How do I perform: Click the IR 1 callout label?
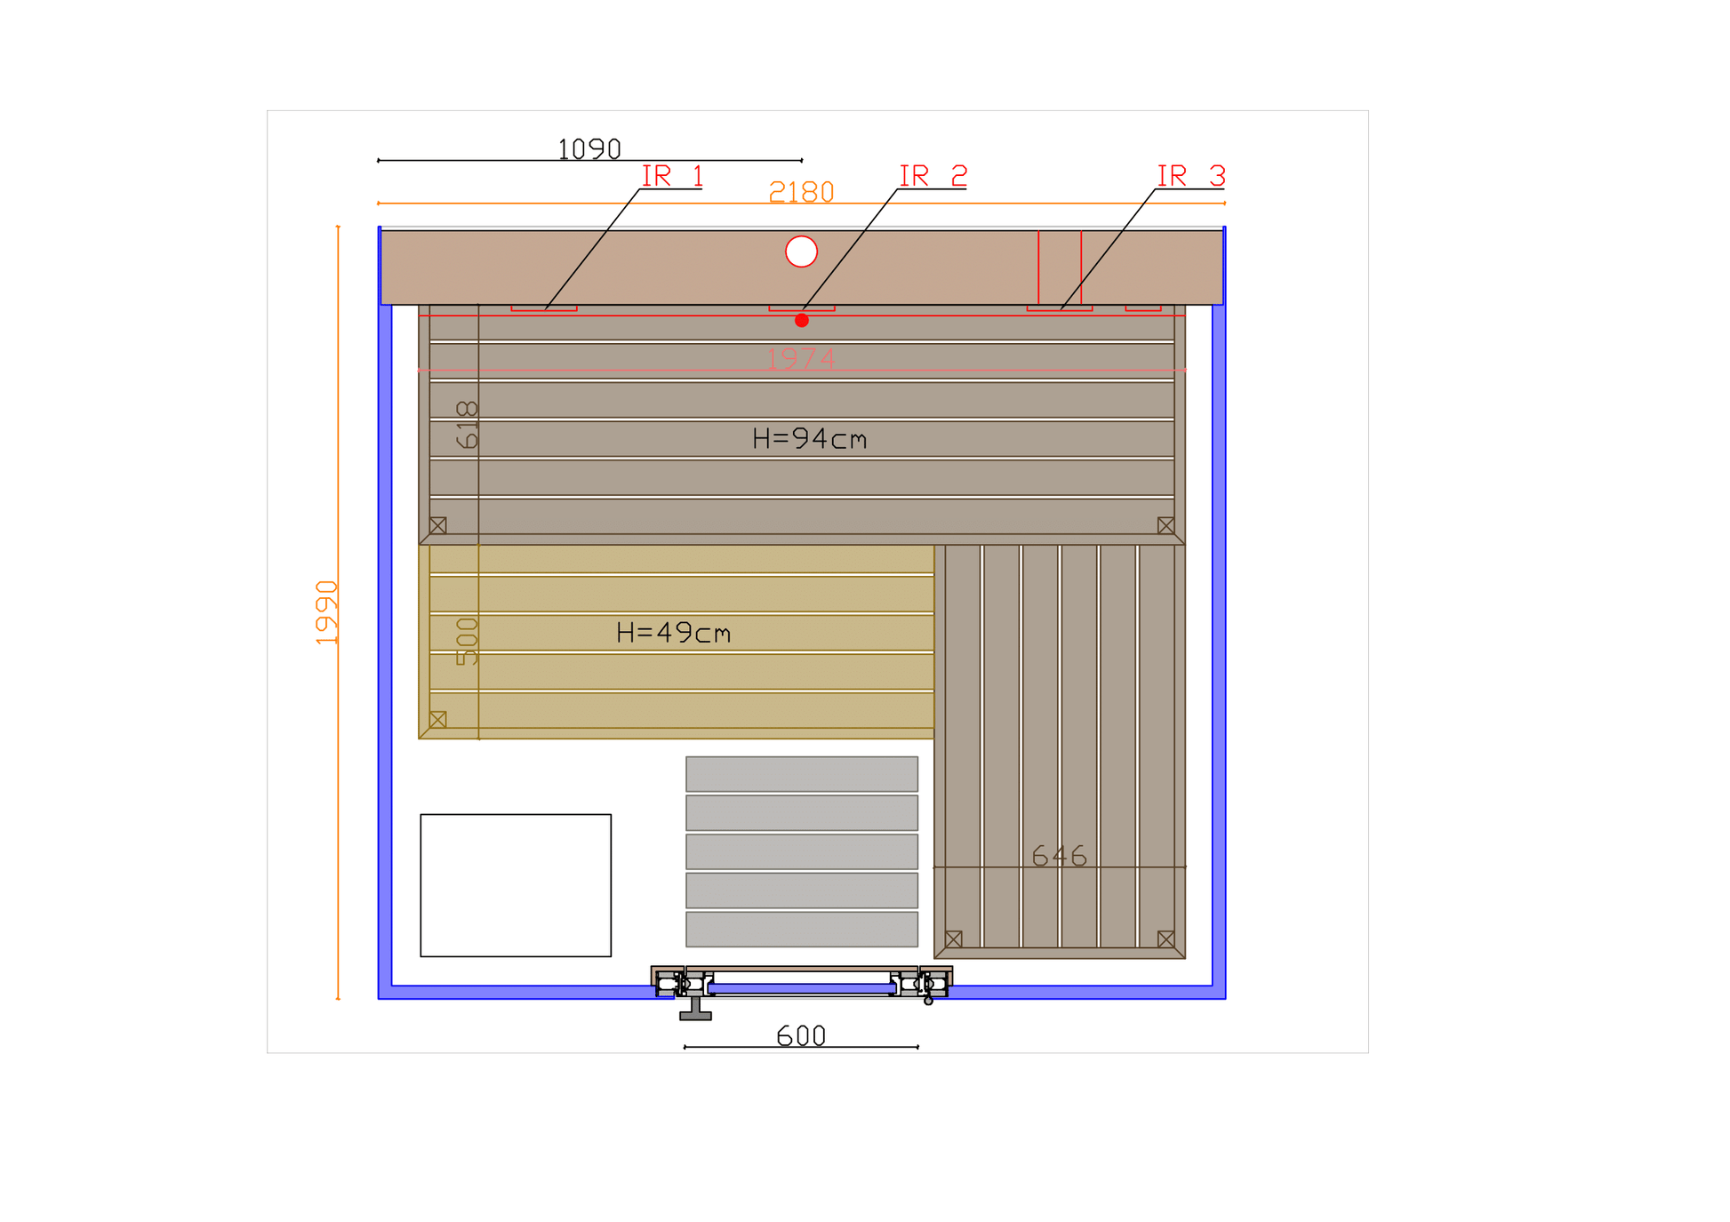[x=672, y=176]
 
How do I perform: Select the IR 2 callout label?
[x=933, y=176]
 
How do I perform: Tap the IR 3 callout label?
[x=1190, y=176]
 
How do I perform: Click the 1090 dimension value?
[x=589, y=149]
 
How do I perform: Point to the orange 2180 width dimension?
[x=801, y=192]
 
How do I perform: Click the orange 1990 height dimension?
[x=327, y=612]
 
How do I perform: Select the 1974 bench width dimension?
[x=800, y=359]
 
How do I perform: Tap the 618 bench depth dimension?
[x=467, y=425]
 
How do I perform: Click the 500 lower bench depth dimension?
[x=467, y=642]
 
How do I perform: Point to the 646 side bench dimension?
[x=1059, y=856]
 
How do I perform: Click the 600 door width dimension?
[x=801, y=1036]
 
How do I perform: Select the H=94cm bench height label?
[x=809, y=439]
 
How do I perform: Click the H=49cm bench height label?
[x=673, y=633]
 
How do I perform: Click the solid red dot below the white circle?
[x=801, y=321]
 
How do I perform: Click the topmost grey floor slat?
[x=802, y=774]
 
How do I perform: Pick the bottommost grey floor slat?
[x=802, y=929]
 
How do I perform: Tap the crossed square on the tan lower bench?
[x=437, y=719]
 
